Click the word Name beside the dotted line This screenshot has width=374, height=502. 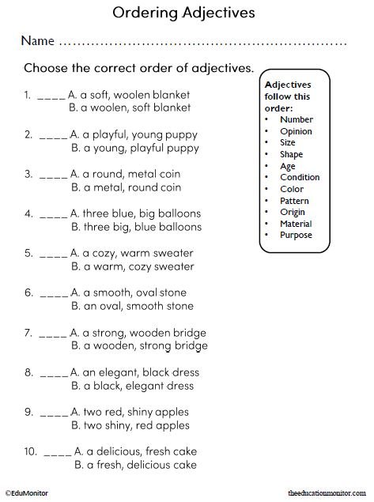tap(38, 40)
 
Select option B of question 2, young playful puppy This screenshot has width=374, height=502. tap(135, 148)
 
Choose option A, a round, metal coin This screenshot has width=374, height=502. tap(131, 173)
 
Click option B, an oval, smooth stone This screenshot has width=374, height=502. tap(132, 306)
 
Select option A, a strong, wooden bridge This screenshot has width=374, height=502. tap(138, 333)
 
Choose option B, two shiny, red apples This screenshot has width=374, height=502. tap(134, 425)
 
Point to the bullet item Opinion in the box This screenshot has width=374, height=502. tap(296, 131)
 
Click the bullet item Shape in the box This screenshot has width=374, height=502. tap(291, 154)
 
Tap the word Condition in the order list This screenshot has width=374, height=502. tap(300, 177)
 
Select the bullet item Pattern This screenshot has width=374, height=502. tap(294, 201)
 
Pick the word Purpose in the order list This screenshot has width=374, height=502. tap(296, 235)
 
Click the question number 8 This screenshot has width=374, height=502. tap(28, 372)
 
